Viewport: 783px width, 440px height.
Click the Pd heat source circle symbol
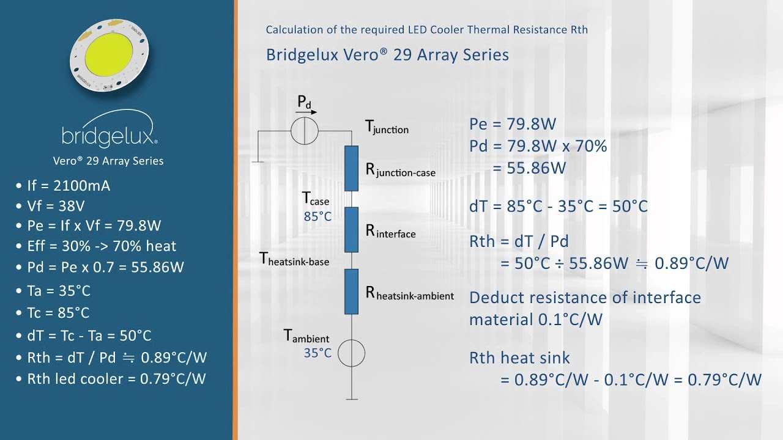point(305,131)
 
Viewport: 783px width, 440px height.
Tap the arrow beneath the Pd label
point(306,112)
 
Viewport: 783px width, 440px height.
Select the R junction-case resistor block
point(351,169)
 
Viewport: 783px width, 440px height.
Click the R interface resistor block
point(351,230)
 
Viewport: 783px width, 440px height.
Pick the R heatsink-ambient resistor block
point(351,291)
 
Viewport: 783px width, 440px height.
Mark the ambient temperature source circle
point(351,353)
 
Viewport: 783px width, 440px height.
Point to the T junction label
point(387,127)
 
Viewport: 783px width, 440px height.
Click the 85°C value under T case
point(317,216)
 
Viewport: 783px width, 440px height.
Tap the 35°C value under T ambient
point(317,353)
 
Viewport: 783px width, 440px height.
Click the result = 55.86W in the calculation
point(529,168)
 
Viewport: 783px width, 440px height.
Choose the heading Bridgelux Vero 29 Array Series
point(387,55)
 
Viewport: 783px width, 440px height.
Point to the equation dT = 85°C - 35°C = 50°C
point(558,206)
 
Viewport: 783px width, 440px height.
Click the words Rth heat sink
point(519,358)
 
